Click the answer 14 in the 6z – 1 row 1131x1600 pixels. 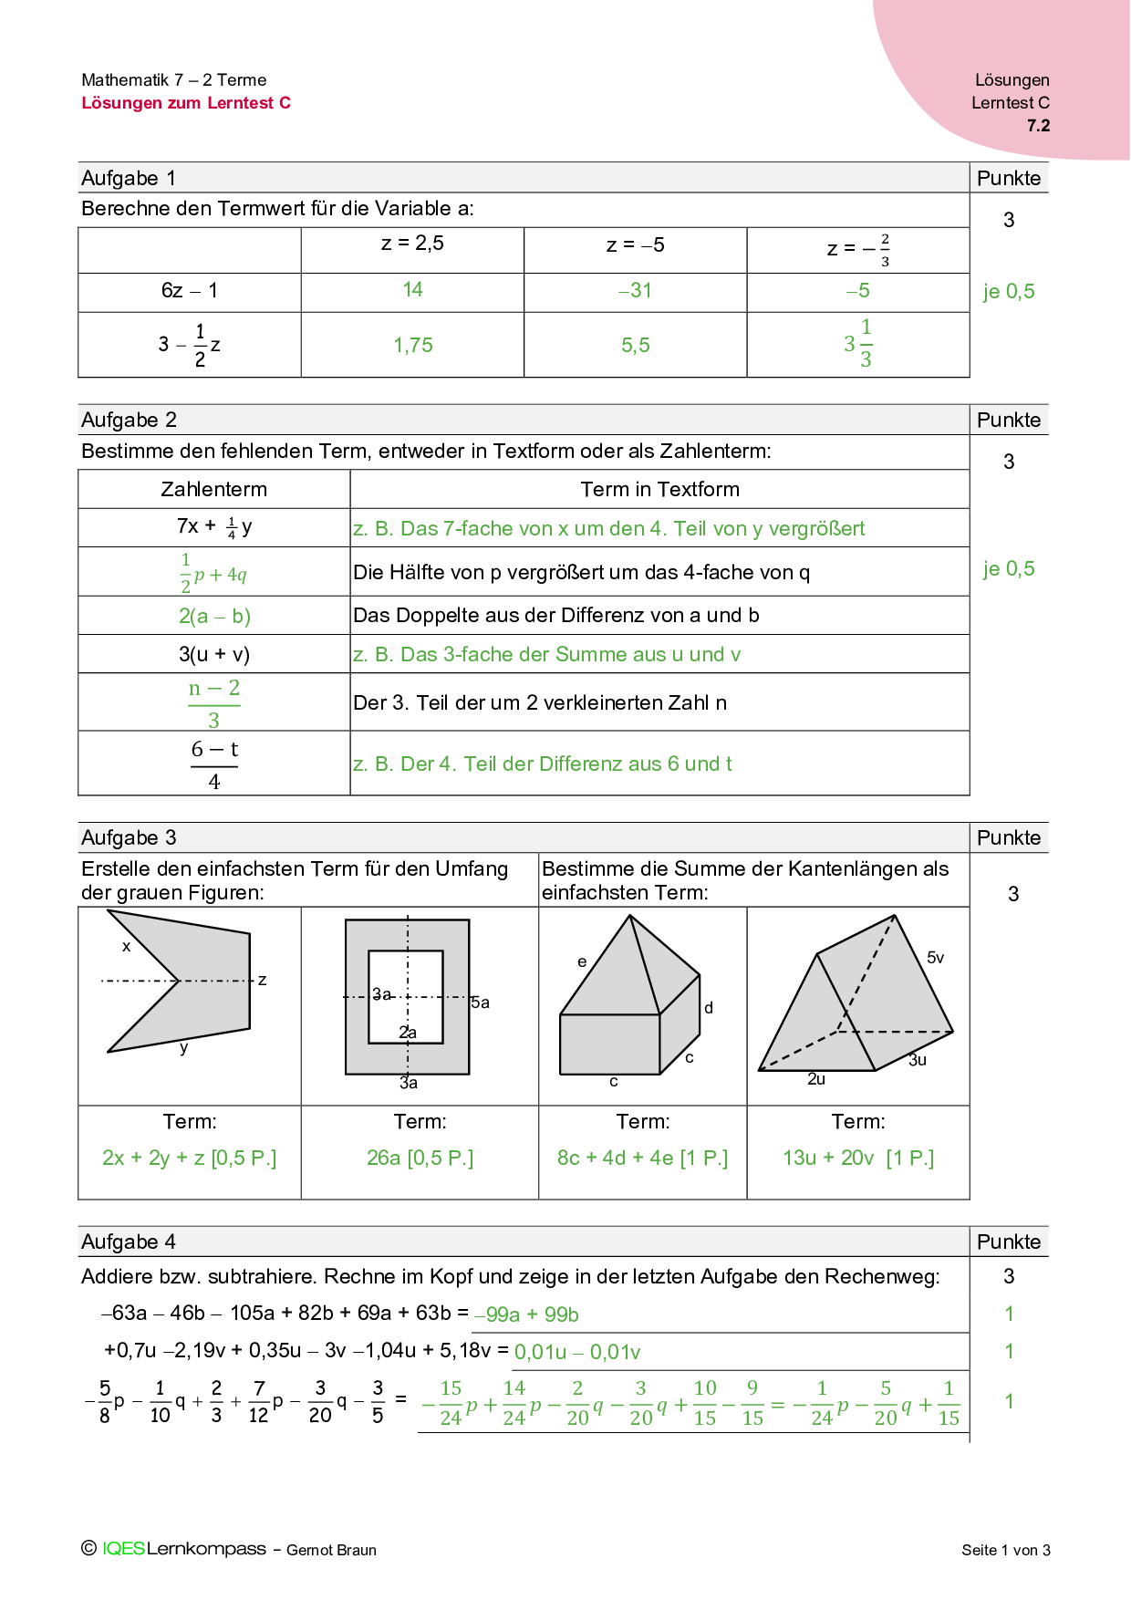coord(412,290)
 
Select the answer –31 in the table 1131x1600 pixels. coord(635,291)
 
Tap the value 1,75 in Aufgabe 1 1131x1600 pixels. coord(412,346)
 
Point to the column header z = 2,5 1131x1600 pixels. coord(412,244)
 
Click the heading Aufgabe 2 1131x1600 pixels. coord(129,421)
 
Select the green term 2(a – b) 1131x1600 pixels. coord(214,617)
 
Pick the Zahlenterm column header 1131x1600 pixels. coord(213,490)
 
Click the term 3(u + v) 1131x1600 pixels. coord(214,655)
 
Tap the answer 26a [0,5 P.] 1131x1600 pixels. coord(420,1158)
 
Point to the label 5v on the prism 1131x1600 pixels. coord(935,958)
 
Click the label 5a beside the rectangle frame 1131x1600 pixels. coord(481,1003)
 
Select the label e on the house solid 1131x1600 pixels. coord(582,961)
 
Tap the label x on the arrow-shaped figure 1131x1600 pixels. coord(126,947)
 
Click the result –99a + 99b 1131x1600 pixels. coord(527,1315)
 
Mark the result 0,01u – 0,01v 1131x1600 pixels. coord(577,1353)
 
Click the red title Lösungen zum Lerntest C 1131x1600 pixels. coord(186,103)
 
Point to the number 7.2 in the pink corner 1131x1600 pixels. coord(1038,126)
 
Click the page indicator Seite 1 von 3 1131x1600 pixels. coord(1005,1550)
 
